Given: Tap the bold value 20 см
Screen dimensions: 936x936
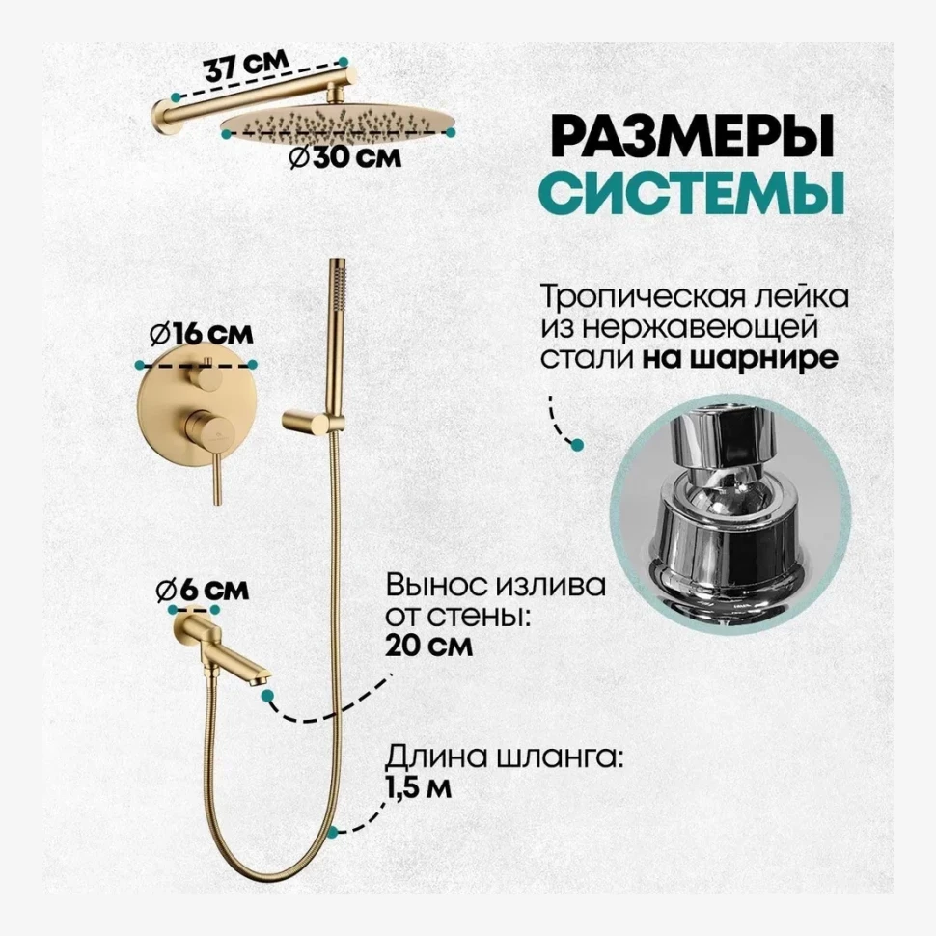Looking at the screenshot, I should [x=428, y=646].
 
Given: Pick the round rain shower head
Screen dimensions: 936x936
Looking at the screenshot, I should [x=338, y=126].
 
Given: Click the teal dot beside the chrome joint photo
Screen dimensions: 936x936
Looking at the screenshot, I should [x=578, y=445].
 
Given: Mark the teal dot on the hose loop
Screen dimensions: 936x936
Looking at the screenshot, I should [x=333, y=830].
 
